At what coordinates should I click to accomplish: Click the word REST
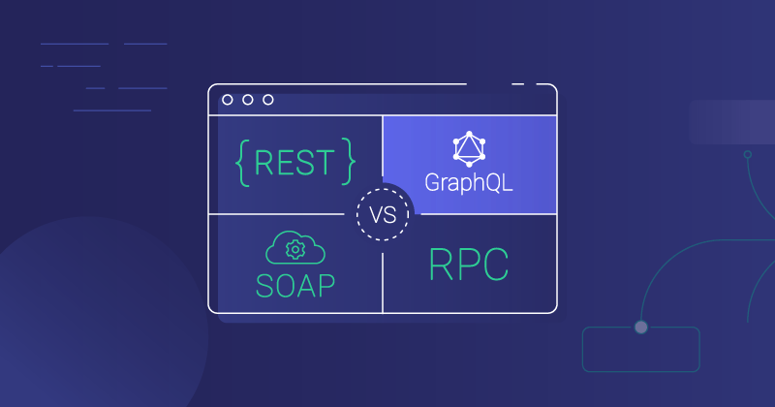click(x=294, y=163)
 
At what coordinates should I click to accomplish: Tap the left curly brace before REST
click(x=242, y=163)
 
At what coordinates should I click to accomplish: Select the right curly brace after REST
click(x=349, y=162)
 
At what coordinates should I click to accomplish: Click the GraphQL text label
click(x=469, y=182)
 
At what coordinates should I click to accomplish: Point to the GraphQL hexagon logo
click(x=469, y=149)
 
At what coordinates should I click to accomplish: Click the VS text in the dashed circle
click(x=383, y=215)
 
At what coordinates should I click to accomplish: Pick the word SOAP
click(x=295, y=285)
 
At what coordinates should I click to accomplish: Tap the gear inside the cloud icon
click(x=295, y=250)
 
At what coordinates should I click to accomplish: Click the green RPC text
click(x=469, y=265)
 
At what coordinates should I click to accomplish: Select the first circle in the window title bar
click(x=228, y=100)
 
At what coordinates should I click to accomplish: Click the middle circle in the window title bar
click(x=248, y=100)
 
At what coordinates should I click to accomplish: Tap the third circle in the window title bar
click(x=268, y=100)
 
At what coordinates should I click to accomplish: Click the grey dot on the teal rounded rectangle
click(x=641, y=327)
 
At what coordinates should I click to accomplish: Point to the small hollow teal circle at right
click(x=748, y=155)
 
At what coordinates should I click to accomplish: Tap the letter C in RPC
click(x=496, y=265)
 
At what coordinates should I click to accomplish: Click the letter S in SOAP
click(x=264, y=285)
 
